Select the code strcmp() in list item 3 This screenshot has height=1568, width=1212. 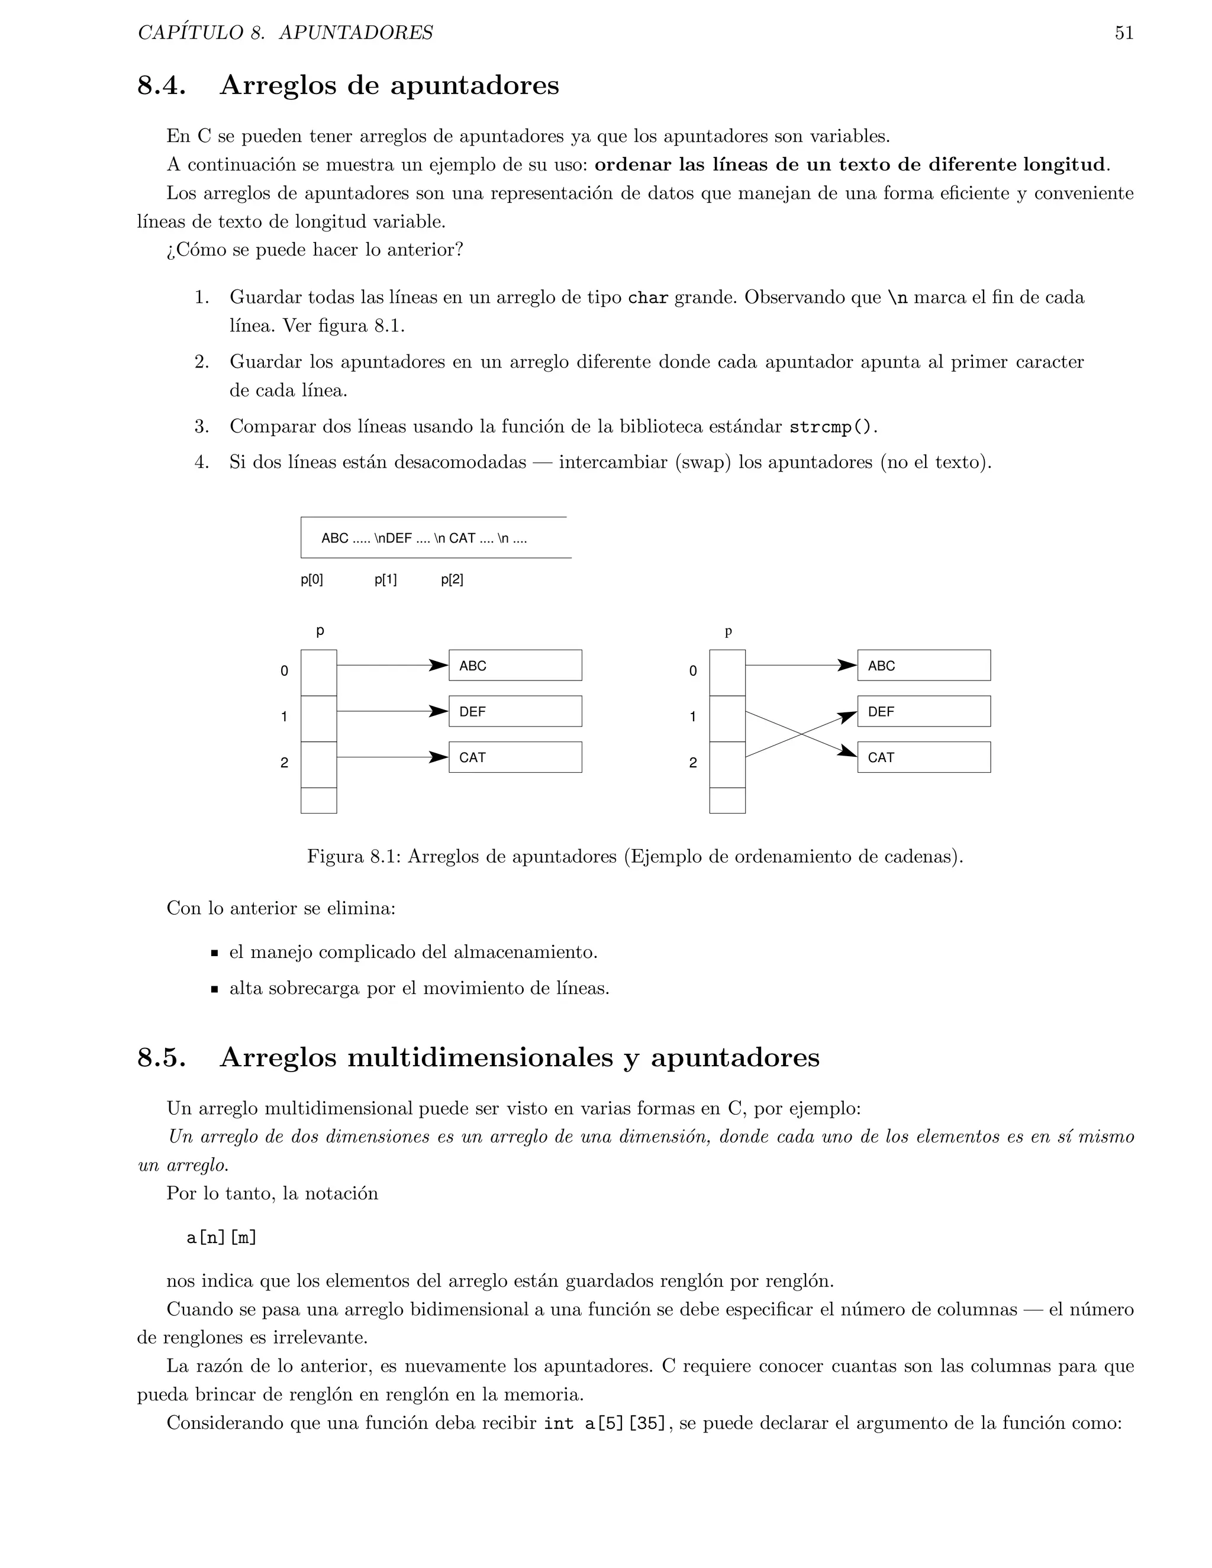click(831, 427)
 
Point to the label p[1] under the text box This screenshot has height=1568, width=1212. click(386, 579)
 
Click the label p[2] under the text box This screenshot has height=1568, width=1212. click(452, 579)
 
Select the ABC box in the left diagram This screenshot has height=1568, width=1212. click(515, 666)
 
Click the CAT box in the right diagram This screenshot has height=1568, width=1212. click(923, 757)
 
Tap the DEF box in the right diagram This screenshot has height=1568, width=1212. click(923, 711)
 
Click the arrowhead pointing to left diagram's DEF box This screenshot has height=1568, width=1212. click(439, 711)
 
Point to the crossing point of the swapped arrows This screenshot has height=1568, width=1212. click(801, 734)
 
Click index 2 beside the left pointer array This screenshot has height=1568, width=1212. click(284, 763)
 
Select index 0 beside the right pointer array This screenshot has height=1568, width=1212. click(693, 672)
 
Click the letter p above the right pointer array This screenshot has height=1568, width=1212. click(728, 631)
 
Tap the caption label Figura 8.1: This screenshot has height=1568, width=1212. click(354, 857)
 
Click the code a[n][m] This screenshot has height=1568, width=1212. click(221, 1238)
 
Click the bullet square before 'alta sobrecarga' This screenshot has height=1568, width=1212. click(214, 989)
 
